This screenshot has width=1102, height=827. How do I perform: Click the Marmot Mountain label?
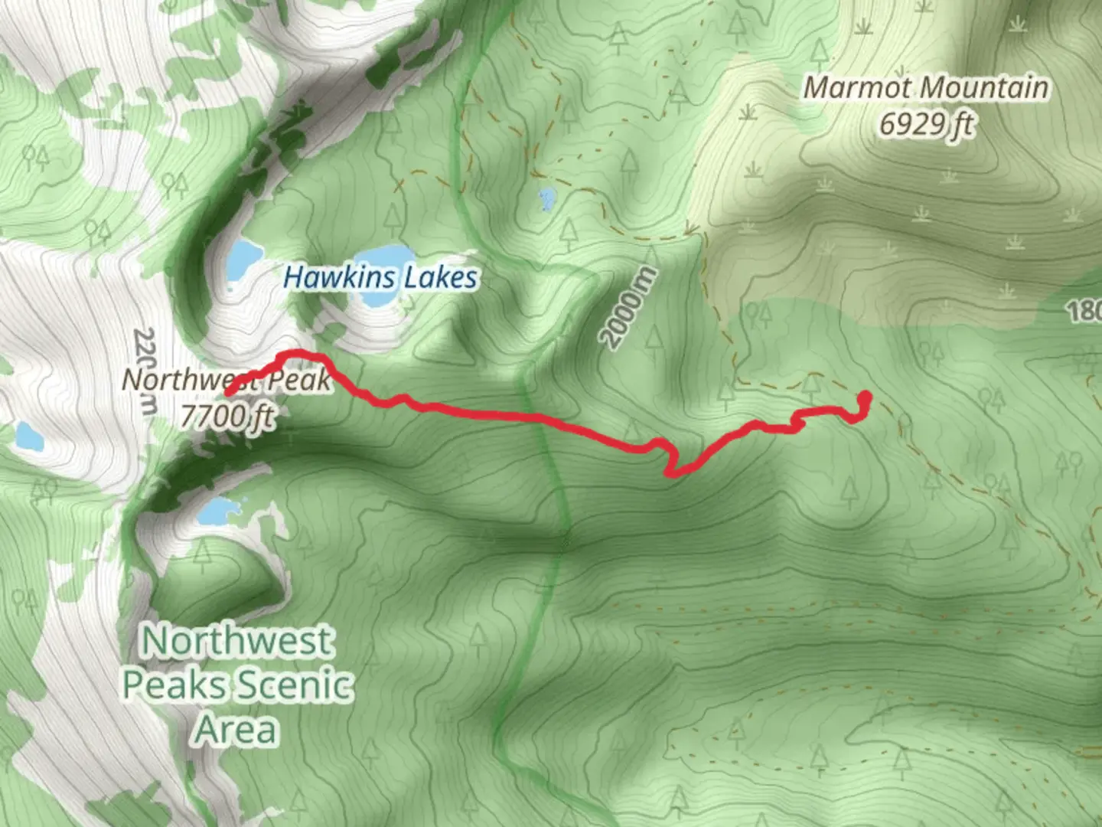(x=925, y=88)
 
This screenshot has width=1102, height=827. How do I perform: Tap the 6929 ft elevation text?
(x=925, y=124)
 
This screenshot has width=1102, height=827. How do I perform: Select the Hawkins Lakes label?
(x=380, y=277)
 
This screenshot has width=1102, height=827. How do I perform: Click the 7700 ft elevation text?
(x=227, y=415)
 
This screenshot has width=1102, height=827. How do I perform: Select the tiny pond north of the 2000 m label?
(x=546, y=199)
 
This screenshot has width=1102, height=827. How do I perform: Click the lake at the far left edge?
(x=28, y=436)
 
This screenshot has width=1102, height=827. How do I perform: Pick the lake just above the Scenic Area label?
(x=221, y=509)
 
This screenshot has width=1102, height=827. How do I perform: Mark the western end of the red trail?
(x=227, y=393)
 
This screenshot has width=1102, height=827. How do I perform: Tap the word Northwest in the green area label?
(x=237, y=641)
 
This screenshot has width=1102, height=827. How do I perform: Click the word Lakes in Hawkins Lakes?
(x=440, y=277)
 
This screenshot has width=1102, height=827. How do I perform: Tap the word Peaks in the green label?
(x=174, y=685)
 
